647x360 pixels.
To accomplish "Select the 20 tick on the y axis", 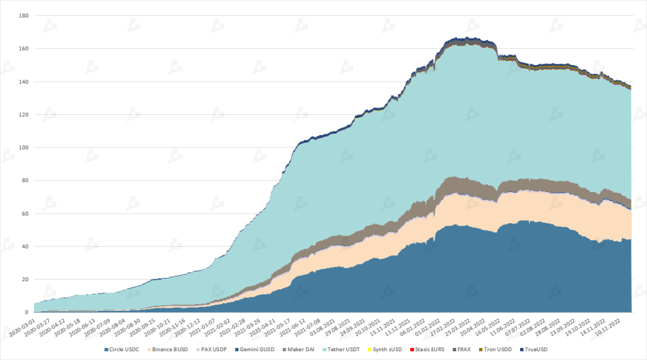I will [x=22, y=280].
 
